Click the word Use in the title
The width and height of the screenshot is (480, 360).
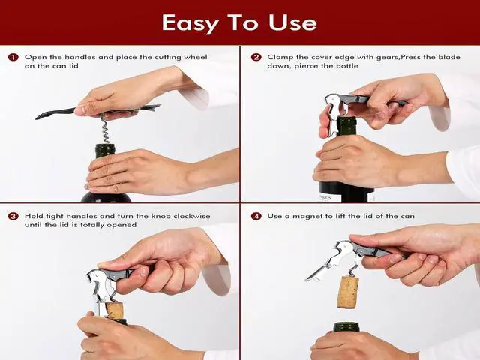click(x=292, y=22)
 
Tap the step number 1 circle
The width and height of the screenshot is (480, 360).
click(x=13, y=57)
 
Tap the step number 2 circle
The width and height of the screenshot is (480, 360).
click(x=256, y=57)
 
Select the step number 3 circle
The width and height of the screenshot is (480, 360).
click(x=13, y=216)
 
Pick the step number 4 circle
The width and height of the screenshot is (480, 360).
click(x=256, y=216)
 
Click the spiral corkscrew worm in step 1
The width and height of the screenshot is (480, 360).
click(x=106, y=129)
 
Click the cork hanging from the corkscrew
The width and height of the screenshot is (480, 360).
click(x=348, y=292)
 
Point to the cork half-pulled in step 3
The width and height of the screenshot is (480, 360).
click(x=115, y=310)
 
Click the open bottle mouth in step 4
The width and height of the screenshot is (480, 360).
click(x=346, y=327)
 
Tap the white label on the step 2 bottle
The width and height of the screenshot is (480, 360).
click(x=328, y=197)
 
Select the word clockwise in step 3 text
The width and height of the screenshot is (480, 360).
click(x=192, y=216)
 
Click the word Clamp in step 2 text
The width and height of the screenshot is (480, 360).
click(x=280, y=58)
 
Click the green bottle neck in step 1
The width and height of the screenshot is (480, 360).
click(x=105, y=151)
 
